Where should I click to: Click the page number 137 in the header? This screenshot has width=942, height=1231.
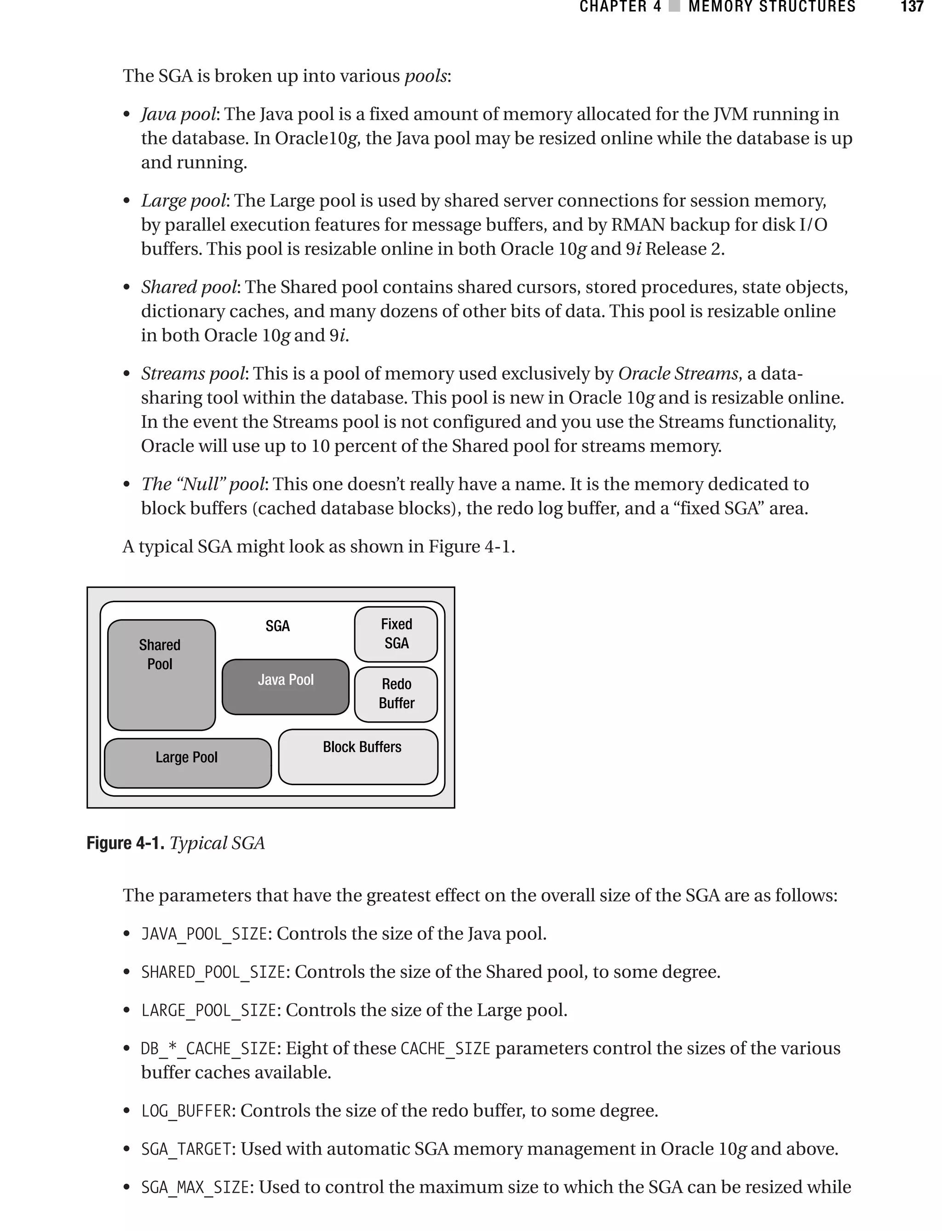912,7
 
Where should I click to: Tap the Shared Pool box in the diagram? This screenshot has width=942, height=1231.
161,675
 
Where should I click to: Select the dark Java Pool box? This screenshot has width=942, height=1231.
285,686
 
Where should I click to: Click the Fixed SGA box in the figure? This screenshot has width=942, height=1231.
396,634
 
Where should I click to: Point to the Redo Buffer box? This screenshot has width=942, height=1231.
396,694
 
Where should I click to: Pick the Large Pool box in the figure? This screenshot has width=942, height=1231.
187,763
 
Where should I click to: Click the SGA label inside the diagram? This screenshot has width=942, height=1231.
277,626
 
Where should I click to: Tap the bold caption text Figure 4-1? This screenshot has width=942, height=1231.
125,843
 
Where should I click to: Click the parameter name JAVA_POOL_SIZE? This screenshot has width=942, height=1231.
204,934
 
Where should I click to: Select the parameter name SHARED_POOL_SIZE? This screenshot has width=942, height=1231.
213,972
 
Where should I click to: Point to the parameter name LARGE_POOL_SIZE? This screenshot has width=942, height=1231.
208,1010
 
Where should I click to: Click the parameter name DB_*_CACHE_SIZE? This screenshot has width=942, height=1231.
208,1049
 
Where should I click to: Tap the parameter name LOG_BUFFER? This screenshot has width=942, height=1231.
186,1111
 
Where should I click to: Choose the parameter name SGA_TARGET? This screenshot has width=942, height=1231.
186,1149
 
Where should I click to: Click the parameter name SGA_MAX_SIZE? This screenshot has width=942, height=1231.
195,1187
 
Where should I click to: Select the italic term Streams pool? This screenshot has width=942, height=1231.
193,373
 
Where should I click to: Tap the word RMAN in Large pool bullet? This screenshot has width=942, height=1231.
638,225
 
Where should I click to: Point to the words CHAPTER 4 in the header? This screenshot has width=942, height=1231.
620,7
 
